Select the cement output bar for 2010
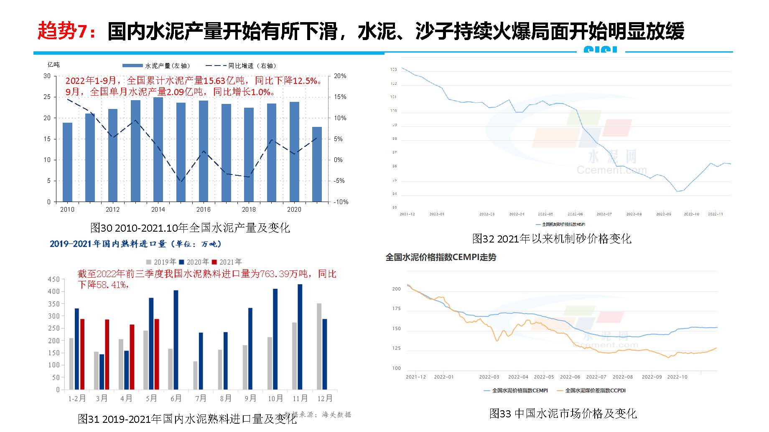click(x=67, y=162)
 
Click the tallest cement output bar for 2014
click(x=158, y=149)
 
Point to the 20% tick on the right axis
click(x=340, y=76)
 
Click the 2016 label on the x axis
click(x=204, y=210)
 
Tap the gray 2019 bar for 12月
click(x=319, y=346)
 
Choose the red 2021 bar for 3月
click(x=107, y=354)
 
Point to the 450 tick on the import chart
click(x=54, y=279)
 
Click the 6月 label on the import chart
click(x=176, y=399)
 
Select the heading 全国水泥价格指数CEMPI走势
click(x=441, y=258)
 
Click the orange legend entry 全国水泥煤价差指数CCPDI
click(x=595, y=391)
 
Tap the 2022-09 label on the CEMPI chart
click(x=652, y=377)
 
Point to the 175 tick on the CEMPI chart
click(x=396, y=309)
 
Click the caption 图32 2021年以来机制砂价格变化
click(x=552, y=239)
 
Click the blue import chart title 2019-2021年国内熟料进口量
click(x=135, y=244)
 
